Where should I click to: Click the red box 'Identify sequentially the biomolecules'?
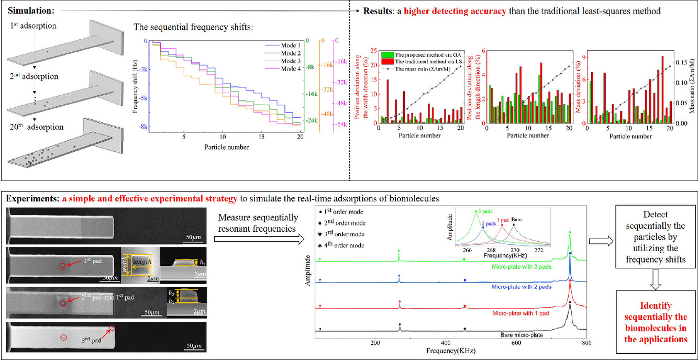pos(652,322)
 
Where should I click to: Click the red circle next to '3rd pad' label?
pos(113,329)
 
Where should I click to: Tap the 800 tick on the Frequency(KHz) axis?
pos(586,343)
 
